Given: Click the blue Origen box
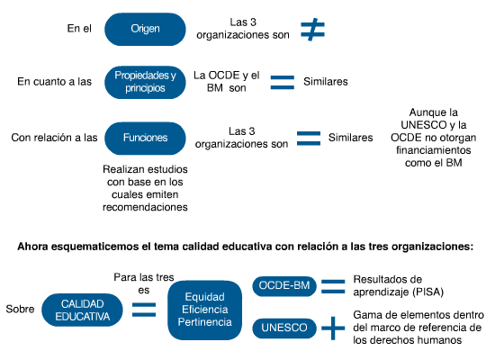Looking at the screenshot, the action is (x=145, y=29).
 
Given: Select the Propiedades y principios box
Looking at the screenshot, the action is (x=145, y=82).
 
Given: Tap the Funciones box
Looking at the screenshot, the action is (x=145, y=139).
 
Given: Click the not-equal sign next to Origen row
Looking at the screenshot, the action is (x=312, y=30).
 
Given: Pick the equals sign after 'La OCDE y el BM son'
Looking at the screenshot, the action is (x=283, y=83).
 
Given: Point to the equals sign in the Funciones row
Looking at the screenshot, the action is (x=309, y=139).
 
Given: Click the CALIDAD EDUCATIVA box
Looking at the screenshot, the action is (x=82, y=310).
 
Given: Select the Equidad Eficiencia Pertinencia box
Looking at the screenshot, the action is (x=205, y=310).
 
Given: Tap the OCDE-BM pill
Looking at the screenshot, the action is (x=284, y=286).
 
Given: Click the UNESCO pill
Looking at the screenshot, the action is (x=284, y=328).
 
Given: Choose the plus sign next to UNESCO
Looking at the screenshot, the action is (x=333, y=328).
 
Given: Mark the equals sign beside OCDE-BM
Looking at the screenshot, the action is (x=333, y=286).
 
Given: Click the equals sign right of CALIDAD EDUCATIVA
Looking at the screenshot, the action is (x=144, y=310).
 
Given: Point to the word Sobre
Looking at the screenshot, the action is (x=20, y=309).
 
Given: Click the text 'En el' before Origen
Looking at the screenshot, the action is (x=79, y=29).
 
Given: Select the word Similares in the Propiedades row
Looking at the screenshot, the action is (x=326, y=82).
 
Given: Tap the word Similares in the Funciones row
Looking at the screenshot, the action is (x=350, y=138).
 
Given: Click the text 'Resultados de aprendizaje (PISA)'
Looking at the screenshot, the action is (x=399, y=286).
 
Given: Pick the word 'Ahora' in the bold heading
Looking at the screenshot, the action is (x=32, y=247).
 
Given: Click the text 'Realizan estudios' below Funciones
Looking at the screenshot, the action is (x=145, y=169).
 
